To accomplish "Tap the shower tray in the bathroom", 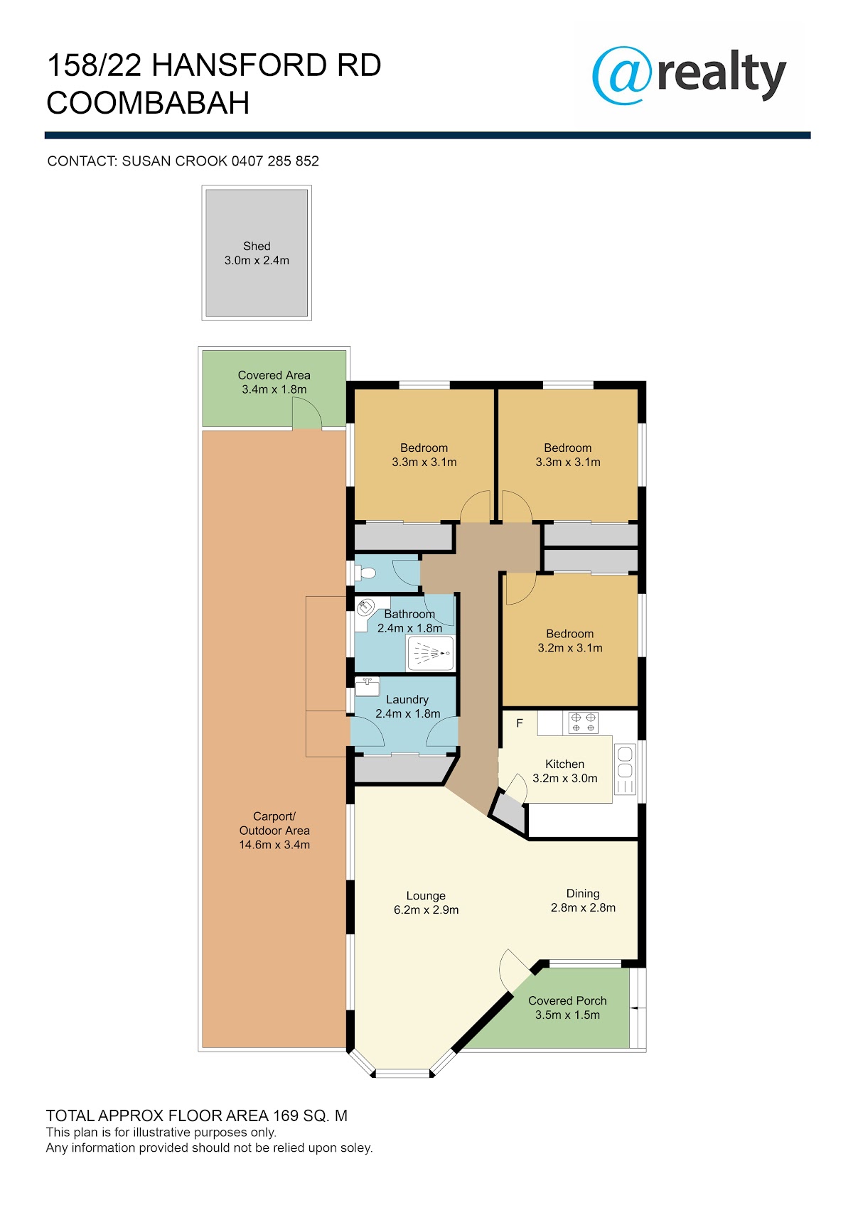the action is click(x=431, y=653).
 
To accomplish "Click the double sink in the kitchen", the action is click(x=626, y=769).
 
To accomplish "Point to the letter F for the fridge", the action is click(x=520, y=723).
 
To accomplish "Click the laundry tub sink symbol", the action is click(x=368, y=687).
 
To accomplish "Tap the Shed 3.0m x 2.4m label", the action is click(x=257, y=254).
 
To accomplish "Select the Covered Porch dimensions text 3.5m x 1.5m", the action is click(x=567, y=1015).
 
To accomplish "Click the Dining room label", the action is click(x=583, y=894).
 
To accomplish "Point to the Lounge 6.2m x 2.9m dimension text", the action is click(x=426, y=909).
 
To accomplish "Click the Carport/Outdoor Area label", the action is click(x=274, y=823).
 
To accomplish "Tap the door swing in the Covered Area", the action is click(x=307, y=416).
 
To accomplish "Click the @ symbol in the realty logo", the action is click(x=621, y=75).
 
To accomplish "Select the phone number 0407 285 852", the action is click(x=275, y=161).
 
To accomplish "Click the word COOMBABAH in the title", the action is click(x=148, y=103).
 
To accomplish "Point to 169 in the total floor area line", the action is click(x=286, y=1115).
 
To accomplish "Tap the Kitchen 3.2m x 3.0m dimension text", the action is click(x=565, y=778).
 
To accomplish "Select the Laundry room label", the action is click(x=407, y=699).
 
